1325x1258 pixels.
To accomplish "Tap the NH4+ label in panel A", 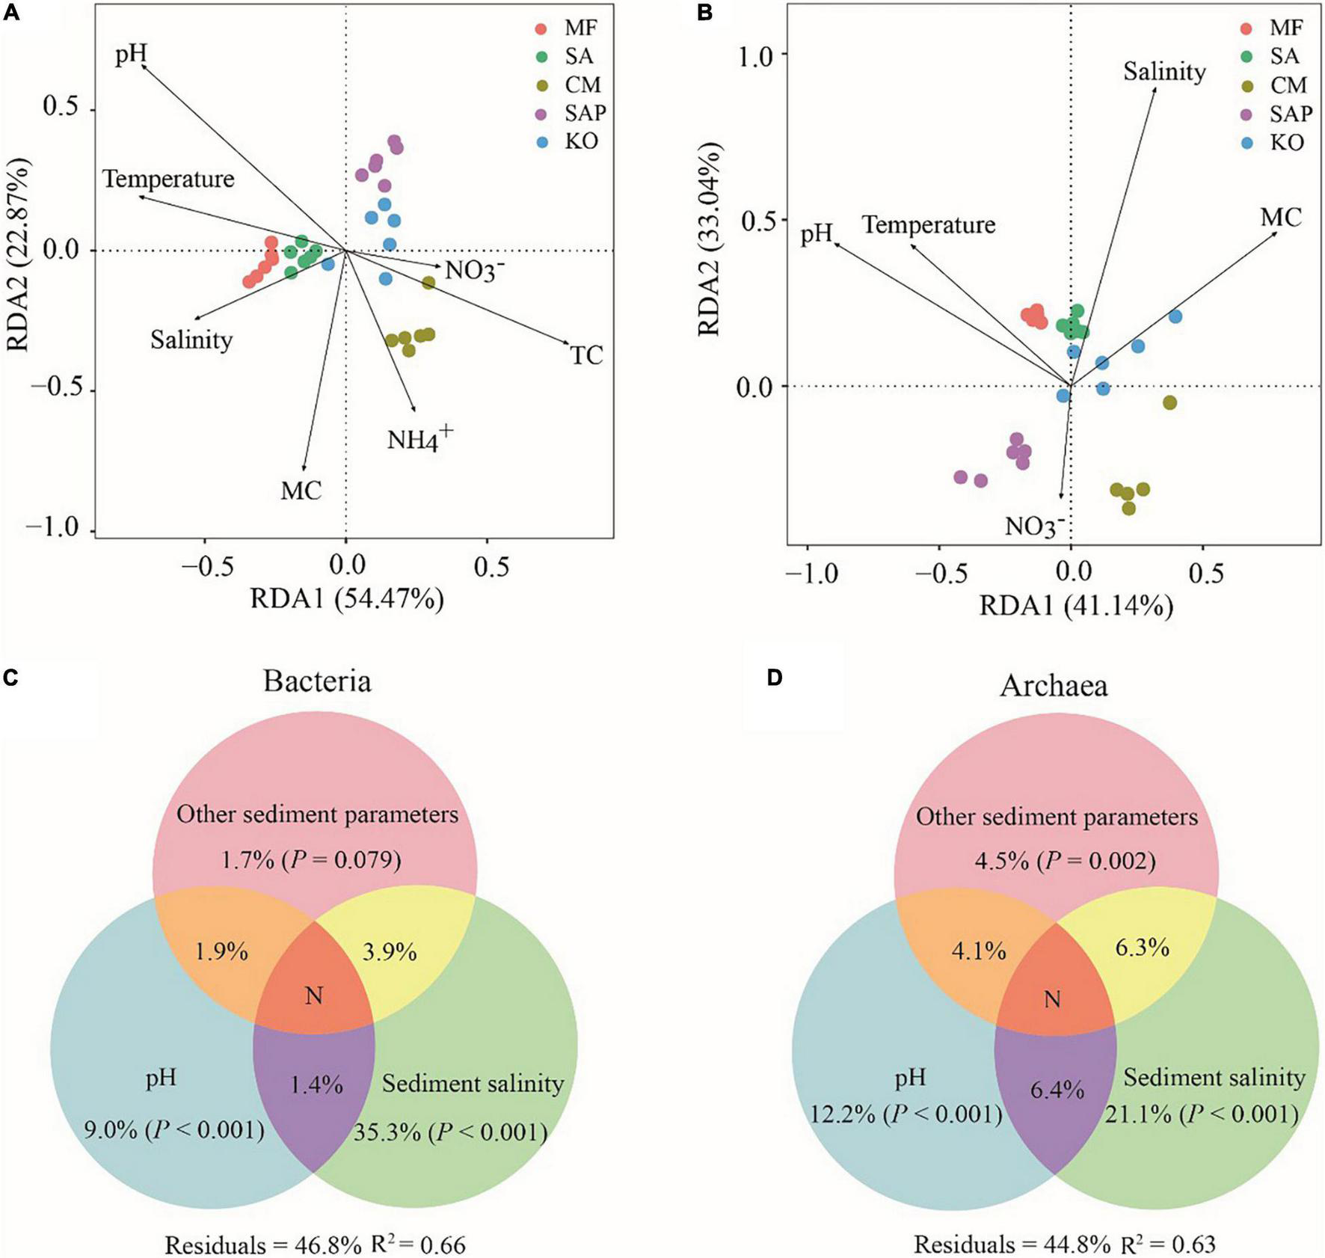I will click(x=419, y=438).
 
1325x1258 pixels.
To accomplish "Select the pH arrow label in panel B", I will click(x=817, y=235).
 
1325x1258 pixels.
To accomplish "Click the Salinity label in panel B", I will click(x=1164, y=72).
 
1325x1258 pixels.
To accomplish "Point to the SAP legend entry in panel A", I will click(x=585, y=113).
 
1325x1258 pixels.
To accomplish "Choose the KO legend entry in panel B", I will click(x=1287, y=141).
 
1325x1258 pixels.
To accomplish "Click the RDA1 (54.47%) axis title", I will click(x=347, y=599).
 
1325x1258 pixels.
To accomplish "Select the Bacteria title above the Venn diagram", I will click(x=317, y=681).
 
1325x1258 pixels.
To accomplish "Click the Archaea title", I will click(x=1054, y=686).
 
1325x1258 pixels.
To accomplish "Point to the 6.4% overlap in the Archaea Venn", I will click(x=1057, y=1090).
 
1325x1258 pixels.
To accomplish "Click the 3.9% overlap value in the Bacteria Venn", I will click(x=389, y=952).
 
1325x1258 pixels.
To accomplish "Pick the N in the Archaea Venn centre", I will click(x=1052, y=999).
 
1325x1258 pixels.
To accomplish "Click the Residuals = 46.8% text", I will click(x=262, y=1245).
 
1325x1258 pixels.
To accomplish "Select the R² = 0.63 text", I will click(x=1169, y=1245).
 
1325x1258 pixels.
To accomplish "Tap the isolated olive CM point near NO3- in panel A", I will click(x=428, y=283).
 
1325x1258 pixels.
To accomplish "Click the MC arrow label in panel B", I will click(x=1281, y=218).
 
